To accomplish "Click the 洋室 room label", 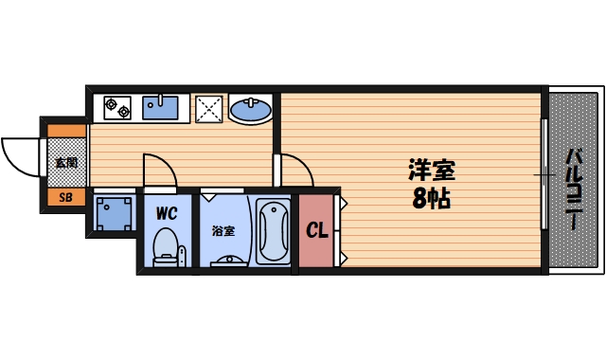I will pyautogui.click(x=431, y=171).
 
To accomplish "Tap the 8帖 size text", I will pyautogui.click(x=431, y=200).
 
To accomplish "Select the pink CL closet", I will pyautogui.click(x=316, y=230).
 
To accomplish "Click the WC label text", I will pyautogui.click(x=167, y=211).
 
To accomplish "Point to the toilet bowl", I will pyautogui.click(x=167, y=243).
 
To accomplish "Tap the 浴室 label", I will pyautogui.click(x=223, y=230).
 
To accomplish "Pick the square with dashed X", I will pyautogui.click(x=208, y=109).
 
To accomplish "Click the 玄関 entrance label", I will pyautogui.click(x=65, y=162).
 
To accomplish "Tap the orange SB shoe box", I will pyautogui.click(x=65, y=197).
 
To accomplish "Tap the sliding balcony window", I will pyautogui.click(x=544, y=175).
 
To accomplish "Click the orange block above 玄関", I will pyautogui.click(x=65, y=131).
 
